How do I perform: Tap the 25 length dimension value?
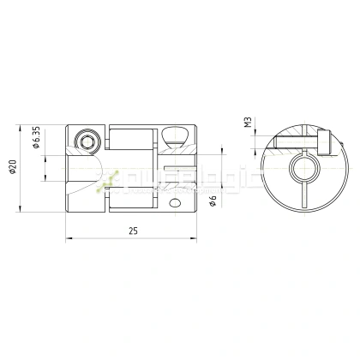(132, 231)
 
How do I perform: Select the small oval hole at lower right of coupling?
(177, 203)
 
